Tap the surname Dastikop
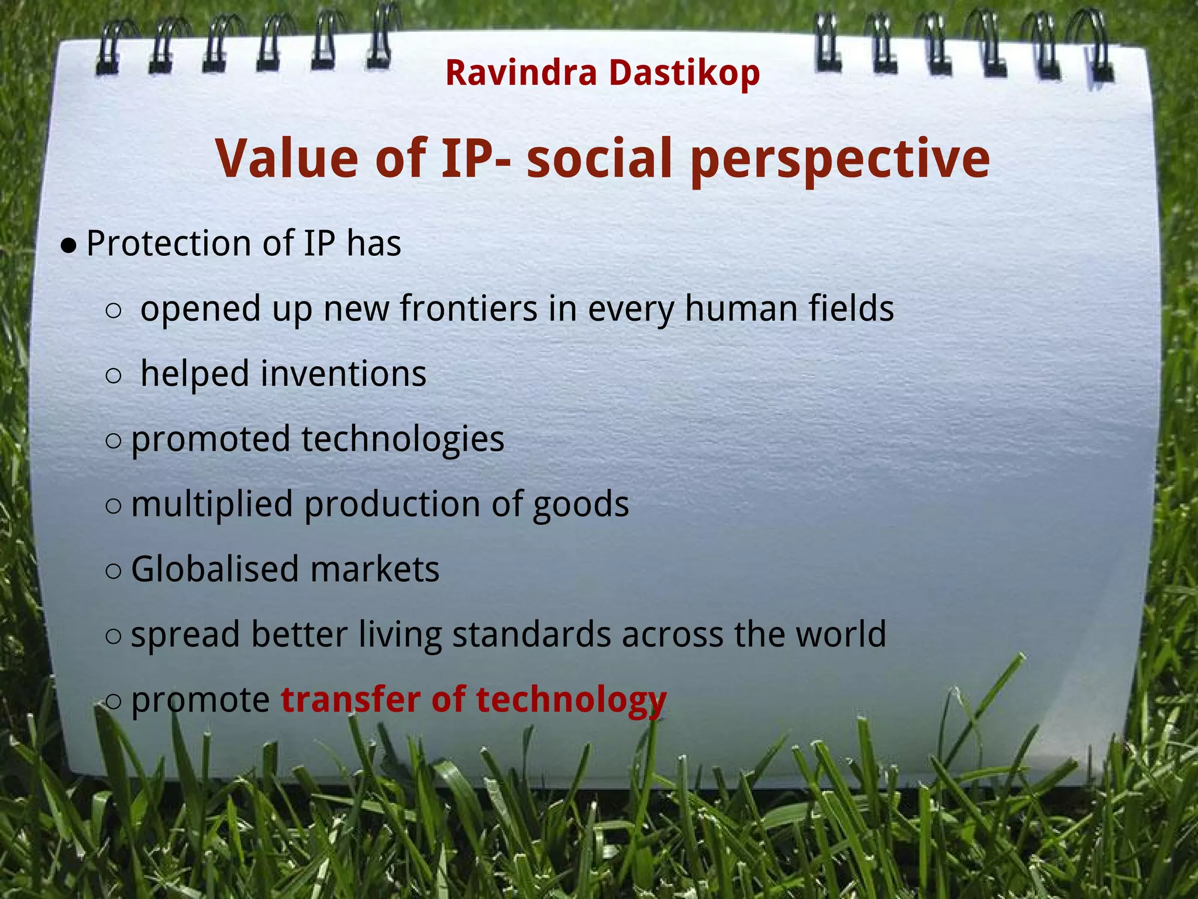click(x=684, y=73)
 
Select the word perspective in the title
click(x=839, y=159)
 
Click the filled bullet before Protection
click(x=69, y=246)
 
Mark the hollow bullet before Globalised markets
click(x=113, y=571)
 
